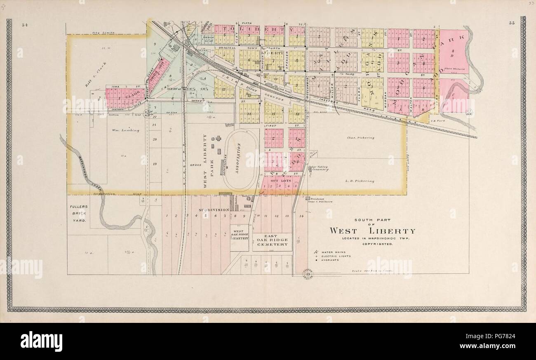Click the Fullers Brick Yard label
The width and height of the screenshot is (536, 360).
(x=78, y=214)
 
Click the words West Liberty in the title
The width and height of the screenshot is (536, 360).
(x=372, y=231)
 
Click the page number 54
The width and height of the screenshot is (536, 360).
(x=24, y=25)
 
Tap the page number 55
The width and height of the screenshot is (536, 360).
(x=511, y=24)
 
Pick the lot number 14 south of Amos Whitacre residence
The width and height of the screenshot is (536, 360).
(x=301, y=216)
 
